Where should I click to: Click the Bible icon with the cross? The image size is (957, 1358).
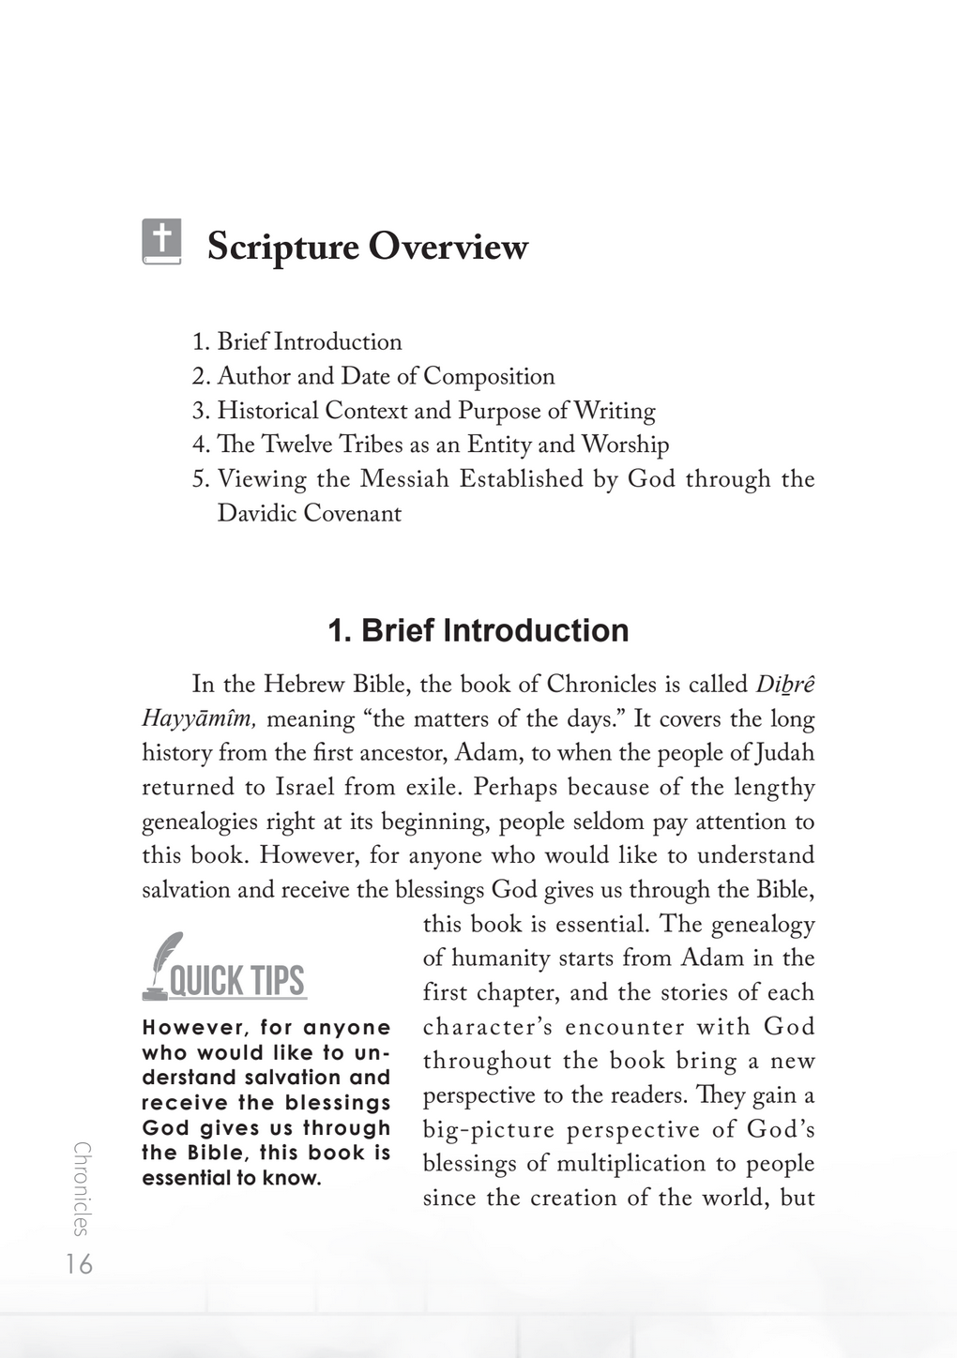161,241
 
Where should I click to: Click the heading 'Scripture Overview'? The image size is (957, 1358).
367,247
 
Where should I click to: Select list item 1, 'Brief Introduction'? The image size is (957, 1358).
309,341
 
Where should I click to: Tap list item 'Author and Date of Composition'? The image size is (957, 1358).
386,376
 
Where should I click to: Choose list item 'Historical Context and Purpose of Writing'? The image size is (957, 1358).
436,411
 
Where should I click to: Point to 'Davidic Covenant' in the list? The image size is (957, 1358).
309,513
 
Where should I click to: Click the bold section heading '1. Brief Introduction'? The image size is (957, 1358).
478,630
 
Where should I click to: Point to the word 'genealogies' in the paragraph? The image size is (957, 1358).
199,822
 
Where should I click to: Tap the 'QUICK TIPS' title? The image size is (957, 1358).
236,981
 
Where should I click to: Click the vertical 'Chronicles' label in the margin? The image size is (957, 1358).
82,1188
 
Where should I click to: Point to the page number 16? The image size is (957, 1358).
80,1264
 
